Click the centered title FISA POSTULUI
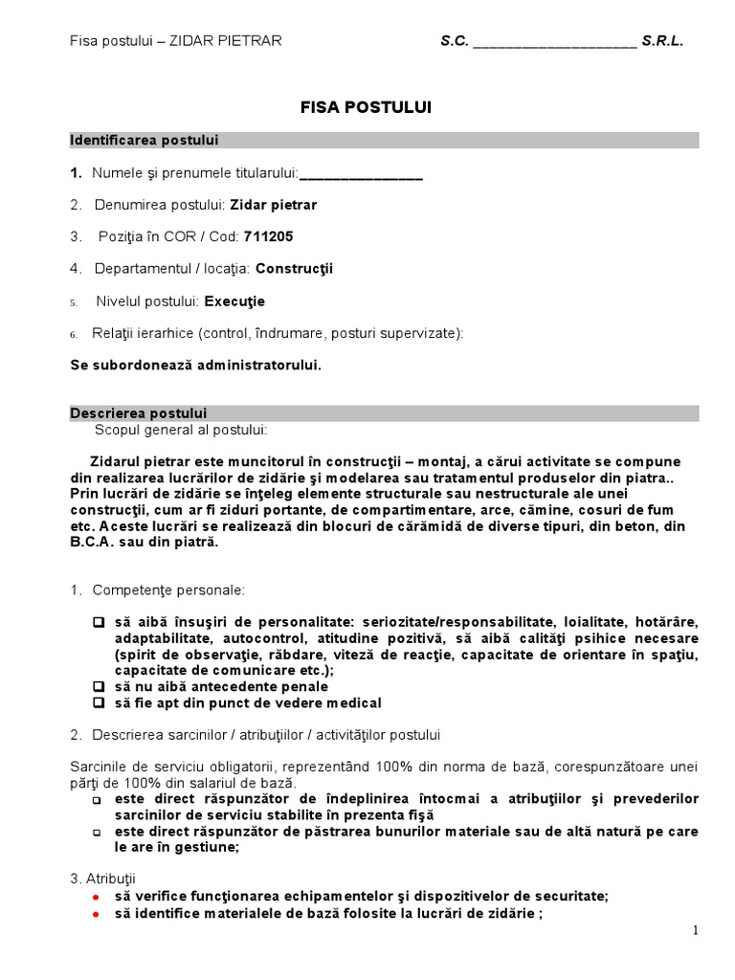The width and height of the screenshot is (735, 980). click(366, 108)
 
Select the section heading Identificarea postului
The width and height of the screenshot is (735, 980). click(145, 141)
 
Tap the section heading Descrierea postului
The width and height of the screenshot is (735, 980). click(138, 413)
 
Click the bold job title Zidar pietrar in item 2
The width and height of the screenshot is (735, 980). click(274, 205)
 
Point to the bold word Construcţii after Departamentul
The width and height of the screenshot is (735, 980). click(295, 269)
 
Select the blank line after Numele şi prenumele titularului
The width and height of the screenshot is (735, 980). click(361, 174)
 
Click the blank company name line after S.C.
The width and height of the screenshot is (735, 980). click(554, 42)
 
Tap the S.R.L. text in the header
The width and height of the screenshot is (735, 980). click(663, 41)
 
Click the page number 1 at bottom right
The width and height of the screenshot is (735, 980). click(696, 930)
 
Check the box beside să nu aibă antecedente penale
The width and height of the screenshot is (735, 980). click(98, 686)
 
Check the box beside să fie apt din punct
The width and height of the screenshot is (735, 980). click(98, 702)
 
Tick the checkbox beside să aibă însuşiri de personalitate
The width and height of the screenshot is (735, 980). click(98, 621)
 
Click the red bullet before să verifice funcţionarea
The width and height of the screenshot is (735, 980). click(96, 897)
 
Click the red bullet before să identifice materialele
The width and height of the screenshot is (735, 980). click(96, 913)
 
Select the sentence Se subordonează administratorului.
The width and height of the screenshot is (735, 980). click(196, 366)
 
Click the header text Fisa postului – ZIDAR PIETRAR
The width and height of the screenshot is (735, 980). click(176, 41)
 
